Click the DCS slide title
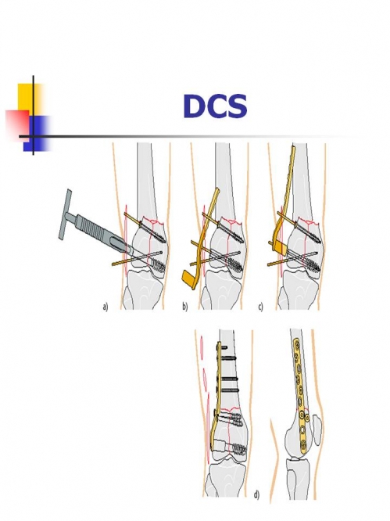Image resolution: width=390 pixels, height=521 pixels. pos(215,106)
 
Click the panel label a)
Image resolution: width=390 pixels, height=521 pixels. pos(106,307)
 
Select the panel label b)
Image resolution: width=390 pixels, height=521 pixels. pos(184,307)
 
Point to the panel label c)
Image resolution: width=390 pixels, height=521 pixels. pos(261,307)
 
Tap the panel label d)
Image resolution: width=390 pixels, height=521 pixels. pos(256,494)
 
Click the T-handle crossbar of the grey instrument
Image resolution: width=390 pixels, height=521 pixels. pos(64,214)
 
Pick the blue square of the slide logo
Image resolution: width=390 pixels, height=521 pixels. pos(36,134)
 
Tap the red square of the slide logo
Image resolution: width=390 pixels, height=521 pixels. pos(17,123)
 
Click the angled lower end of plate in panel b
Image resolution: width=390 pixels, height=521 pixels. pos(190,279)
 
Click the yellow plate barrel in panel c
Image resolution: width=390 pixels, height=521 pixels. pos(280,247)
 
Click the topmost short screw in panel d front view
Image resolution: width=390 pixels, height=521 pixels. pos(223,347)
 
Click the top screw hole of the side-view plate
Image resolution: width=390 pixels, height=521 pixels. pos(295,342)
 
